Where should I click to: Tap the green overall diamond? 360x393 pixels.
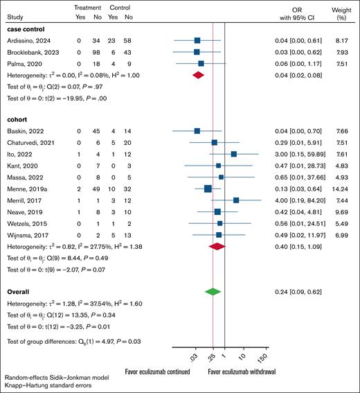[213, 292]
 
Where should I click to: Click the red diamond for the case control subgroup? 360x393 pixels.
[198, 75]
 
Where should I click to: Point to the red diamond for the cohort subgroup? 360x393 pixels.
[217, 245]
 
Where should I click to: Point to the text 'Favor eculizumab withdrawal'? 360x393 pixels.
[251, 371]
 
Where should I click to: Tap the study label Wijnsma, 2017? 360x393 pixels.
[25, 234]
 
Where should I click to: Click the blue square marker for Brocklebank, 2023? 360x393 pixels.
[197, 52]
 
